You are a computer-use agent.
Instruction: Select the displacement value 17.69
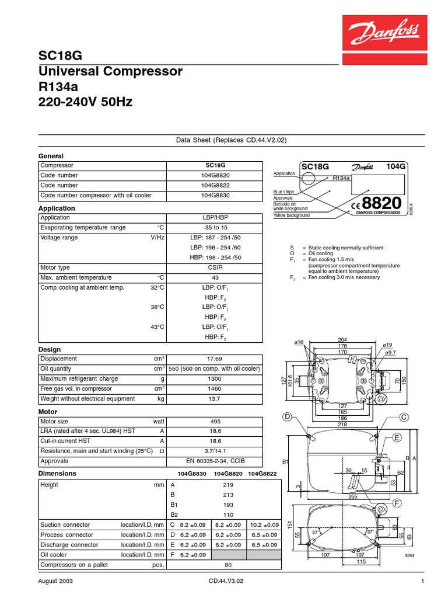215,359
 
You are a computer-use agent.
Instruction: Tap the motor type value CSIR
215,267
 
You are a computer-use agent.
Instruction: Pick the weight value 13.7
215,399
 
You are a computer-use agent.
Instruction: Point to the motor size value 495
215,421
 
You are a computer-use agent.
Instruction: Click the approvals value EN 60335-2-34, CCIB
215,461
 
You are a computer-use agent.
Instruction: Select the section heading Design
49,349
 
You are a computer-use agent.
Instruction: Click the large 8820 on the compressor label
382,203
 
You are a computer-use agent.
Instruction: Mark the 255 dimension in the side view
353,496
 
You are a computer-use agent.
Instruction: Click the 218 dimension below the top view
342,425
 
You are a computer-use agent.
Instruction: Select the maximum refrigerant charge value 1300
215,379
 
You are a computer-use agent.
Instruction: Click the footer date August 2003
55,582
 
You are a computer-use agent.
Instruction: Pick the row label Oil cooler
54,555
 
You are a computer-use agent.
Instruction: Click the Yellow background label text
292,215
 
